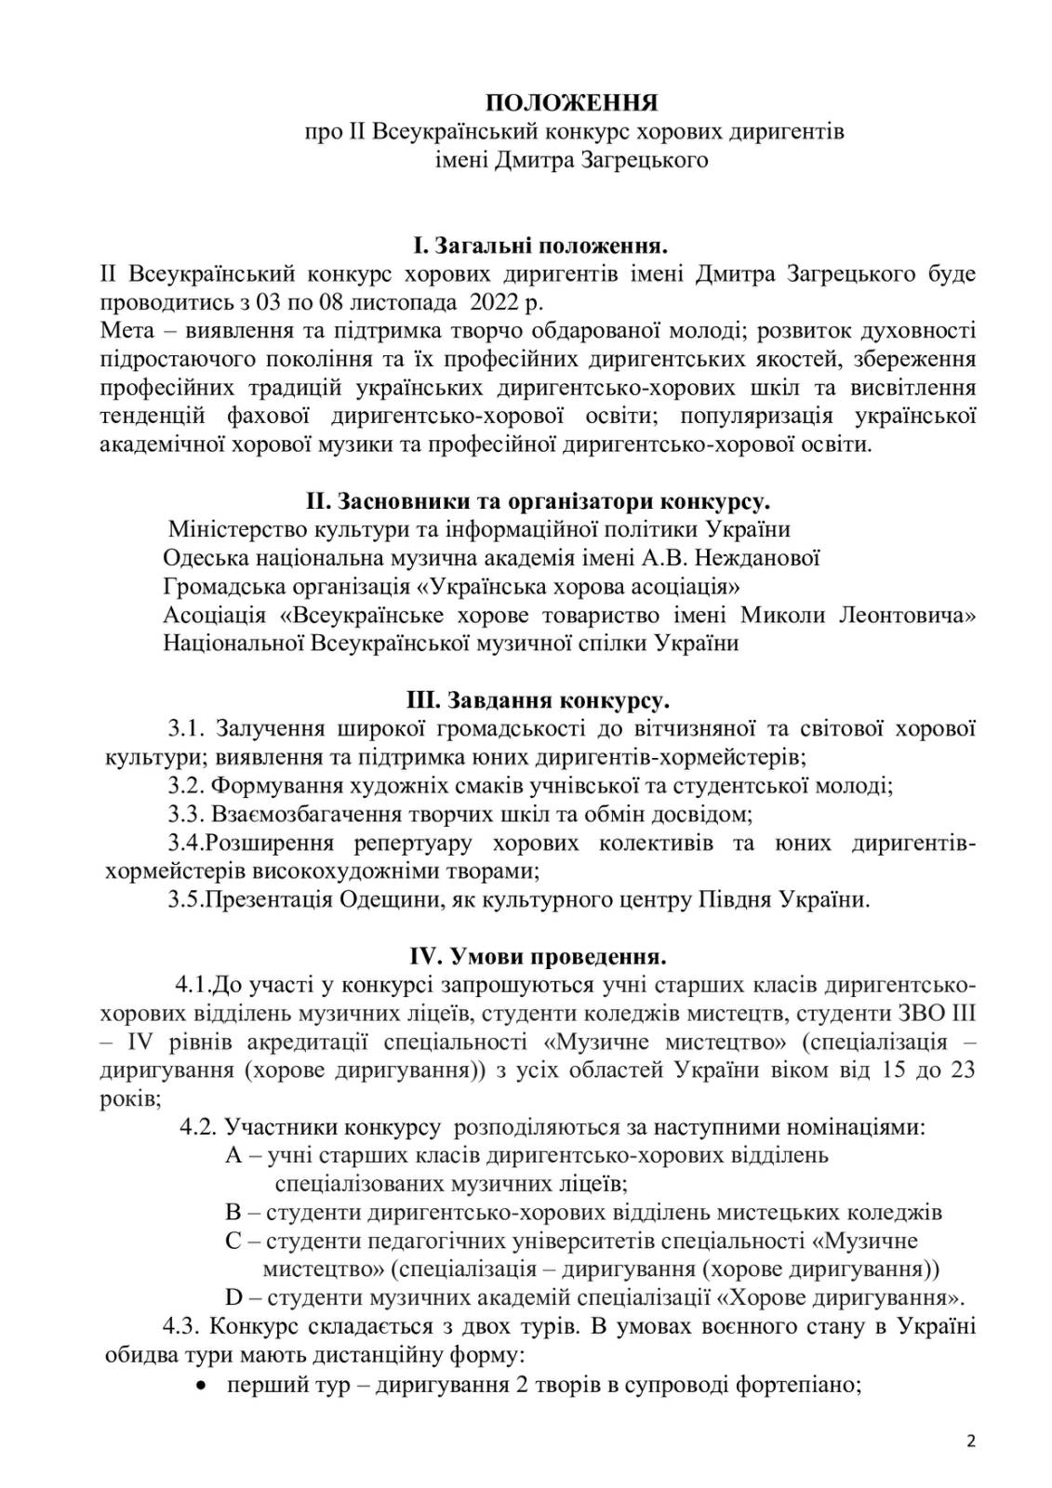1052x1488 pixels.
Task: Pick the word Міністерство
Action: pos(236,529)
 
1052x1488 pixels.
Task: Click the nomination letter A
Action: pos(233,1155)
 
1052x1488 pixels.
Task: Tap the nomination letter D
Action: pos(234,1297)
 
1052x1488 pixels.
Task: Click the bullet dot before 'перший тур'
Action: pos(201,1384)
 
